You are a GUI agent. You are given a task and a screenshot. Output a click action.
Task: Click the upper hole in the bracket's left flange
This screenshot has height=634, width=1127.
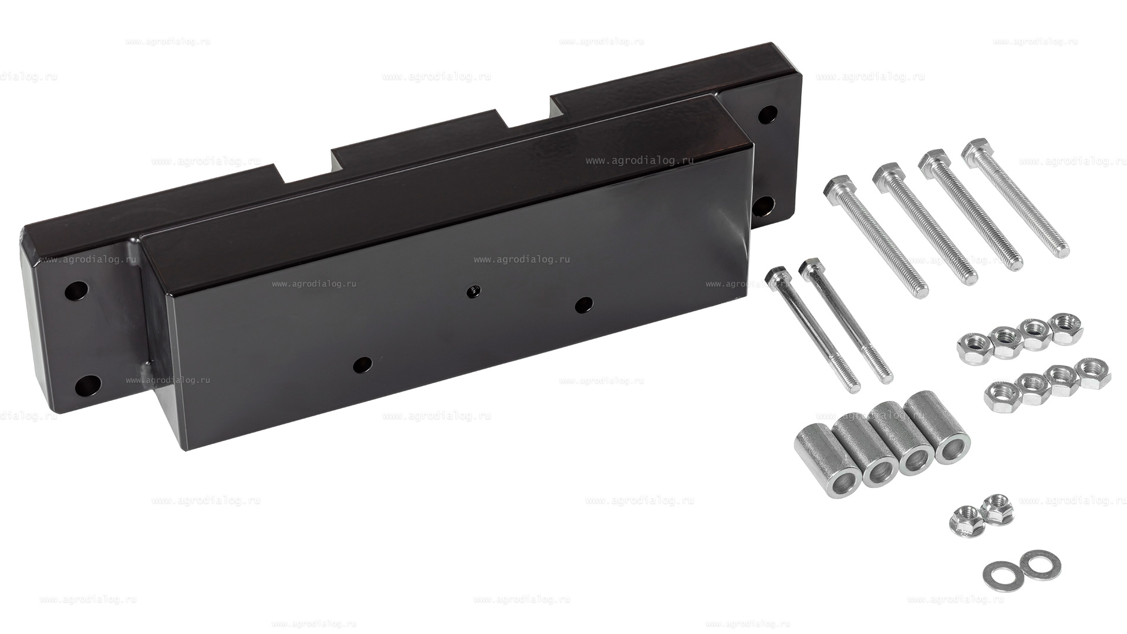[x=76, y=290]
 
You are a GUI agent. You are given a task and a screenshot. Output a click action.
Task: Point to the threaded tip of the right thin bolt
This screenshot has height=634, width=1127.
[x=886, y=376]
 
